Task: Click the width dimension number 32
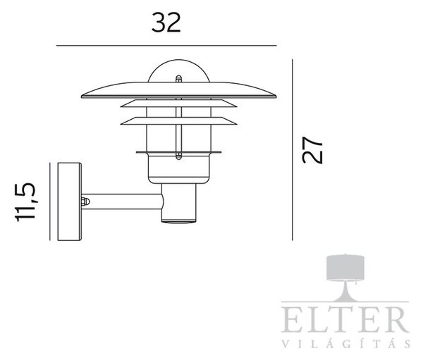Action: click(166, 23)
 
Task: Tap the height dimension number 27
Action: click(312, 150)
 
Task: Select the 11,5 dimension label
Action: click(25, 202)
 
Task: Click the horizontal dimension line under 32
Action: click(166, 46)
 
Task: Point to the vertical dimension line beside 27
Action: click(293, 149)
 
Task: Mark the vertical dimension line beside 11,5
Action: click(50, 201)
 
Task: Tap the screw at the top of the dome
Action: click(178, 79)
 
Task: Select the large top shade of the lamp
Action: click(178, 90)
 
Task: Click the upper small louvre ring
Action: click(178, 104)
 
